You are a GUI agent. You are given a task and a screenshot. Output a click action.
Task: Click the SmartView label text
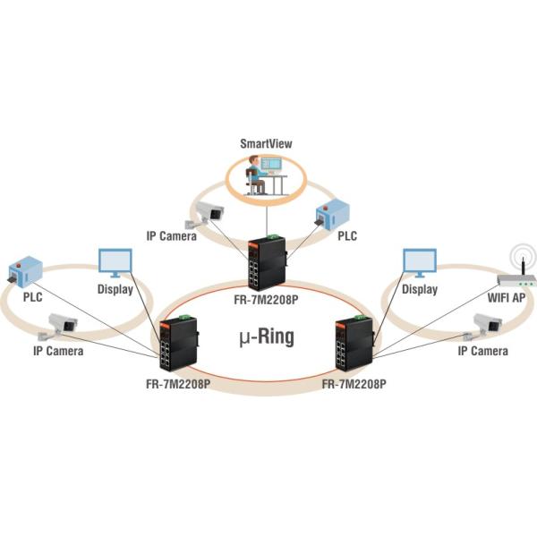coord(266,142)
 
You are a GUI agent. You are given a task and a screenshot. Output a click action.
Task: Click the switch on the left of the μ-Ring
coord(178,345)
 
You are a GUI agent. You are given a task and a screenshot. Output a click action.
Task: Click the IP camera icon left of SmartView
coord(205,215)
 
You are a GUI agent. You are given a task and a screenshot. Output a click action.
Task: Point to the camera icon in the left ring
coord(65,325)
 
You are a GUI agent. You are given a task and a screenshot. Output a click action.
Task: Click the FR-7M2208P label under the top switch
coord(266,301)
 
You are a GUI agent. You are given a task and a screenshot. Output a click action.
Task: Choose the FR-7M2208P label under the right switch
coord(354,385)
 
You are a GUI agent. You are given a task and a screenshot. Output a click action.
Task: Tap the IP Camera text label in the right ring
coord(482,352)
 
